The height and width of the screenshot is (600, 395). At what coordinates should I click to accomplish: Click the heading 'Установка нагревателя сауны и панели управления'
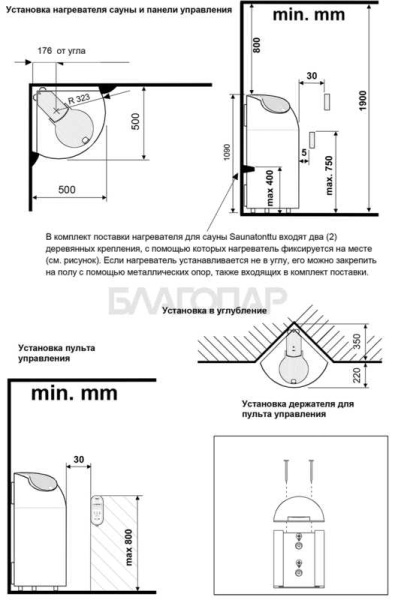click(119, 9)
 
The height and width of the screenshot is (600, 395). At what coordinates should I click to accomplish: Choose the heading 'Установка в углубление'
click(215, 311)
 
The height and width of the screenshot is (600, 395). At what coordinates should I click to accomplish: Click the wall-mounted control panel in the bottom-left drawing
click(98, 511)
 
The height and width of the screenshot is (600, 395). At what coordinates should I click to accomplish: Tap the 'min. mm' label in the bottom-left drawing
click(75, 393)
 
